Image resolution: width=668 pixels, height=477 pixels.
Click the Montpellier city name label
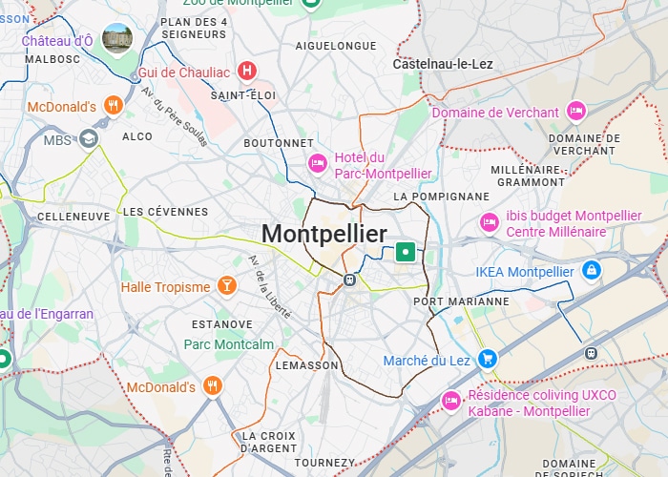tap(324, 234)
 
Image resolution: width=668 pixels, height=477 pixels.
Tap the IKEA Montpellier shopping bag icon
tap(592, 272)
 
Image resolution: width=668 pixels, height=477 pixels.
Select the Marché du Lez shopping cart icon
tap(488, 360)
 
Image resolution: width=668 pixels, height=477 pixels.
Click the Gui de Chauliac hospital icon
tap(248, 71)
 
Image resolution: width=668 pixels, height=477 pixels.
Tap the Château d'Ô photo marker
tap(117, 40)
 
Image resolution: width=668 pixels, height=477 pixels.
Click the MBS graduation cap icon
tap(89, 139)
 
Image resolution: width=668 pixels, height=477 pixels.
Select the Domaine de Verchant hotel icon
tap(575, 112)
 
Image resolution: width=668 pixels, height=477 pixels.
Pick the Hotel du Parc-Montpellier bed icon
tap(318, 165)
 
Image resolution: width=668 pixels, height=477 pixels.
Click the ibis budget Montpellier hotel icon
tap(489, 222)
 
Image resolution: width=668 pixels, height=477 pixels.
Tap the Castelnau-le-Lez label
tap(442, 64)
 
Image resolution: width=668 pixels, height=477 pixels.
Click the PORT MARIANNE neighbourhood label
tap(461, 301)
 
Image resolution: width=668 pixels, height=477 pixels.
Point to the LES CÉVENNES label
tap(165, 211)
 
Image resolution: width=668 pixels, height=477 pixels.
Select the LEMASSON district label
tap(306, 365)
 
